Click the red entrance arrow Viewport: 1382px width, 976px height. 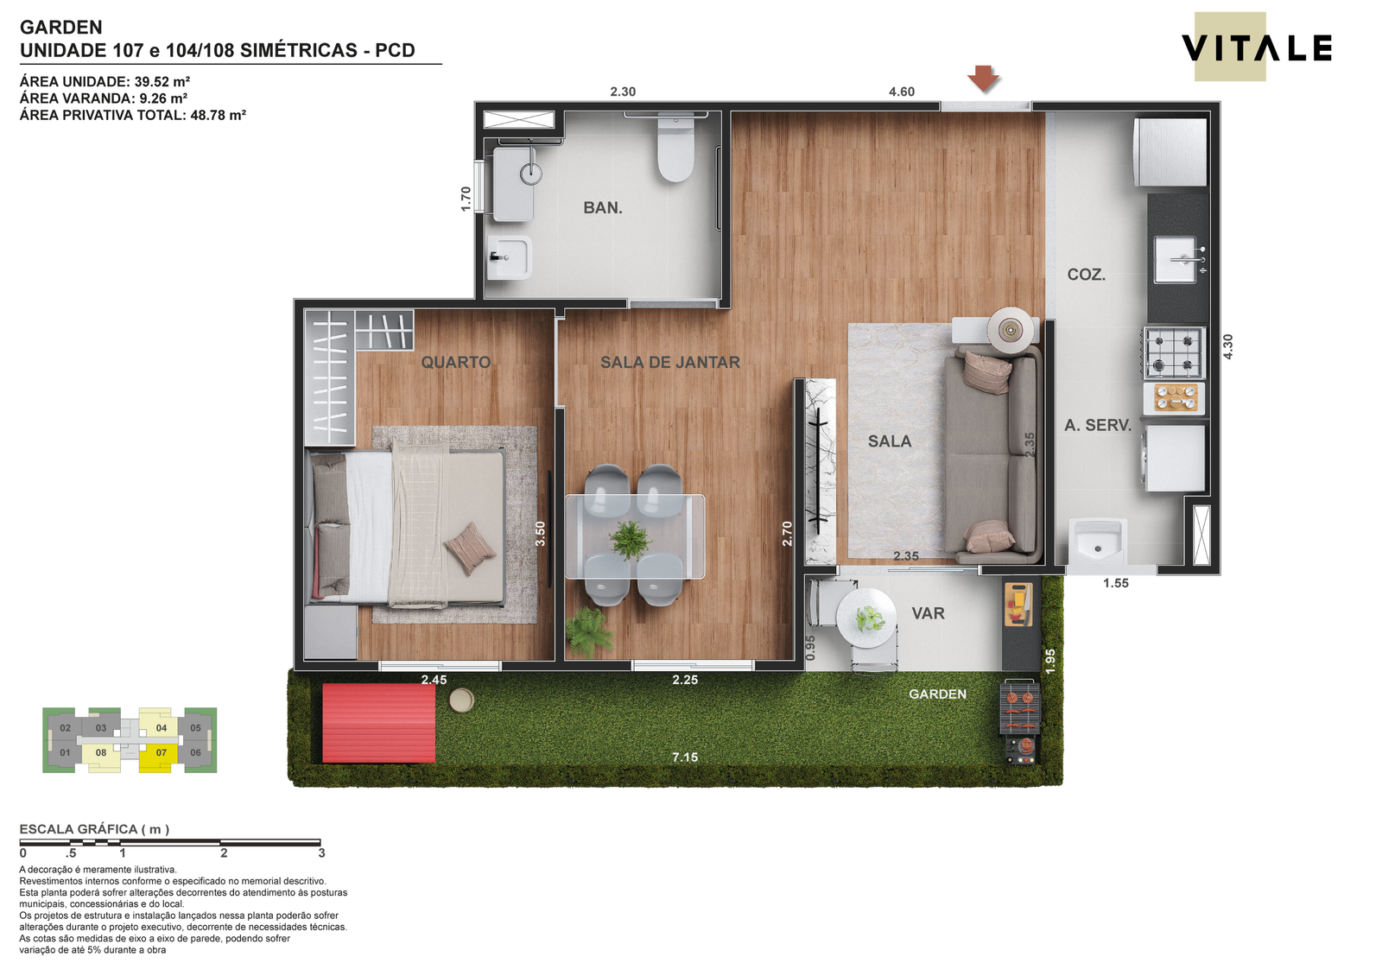pyautogui.click(x=984, y=79)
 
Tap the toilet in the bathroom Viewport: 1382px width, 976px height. pyautogui.click(x=675, y=149)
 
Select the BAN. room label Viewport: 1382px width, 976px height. pyautogui.click(x=603, y=208)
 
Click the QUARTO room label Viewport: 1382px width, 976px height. pyautogui.click(x=456, y=362)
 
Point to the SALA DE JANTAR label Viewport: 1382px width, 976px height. pyautogui.click(x=670, y=362)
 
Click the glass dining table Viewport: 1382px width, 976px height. pyautogui.click(x=635, y=536)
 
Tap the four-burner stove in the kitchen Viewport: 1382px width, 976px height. pyautogui.click(x=1175, y=353)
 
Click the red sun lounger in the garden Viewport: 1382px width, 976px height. pyautogui.click(x=379, y=723)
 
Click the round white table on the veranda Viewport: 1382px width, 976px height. pyautogui.click(x=866, y=618)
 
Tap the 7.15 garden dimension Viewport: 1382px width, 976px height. pyautogui.click(x=686, y=757)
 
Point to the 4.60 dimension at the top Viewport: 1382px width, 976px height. pyautogui.click(x=902, y=92)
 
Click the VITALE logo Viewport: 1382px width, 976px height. pyautogui.click(x=1256, y=48)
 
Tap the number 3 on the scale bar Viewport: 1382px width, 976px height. pyautogui.click(x=321, y=853)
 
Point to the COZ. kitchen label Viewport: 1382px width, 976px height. pyautogui.click(x=1087, y=275)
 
